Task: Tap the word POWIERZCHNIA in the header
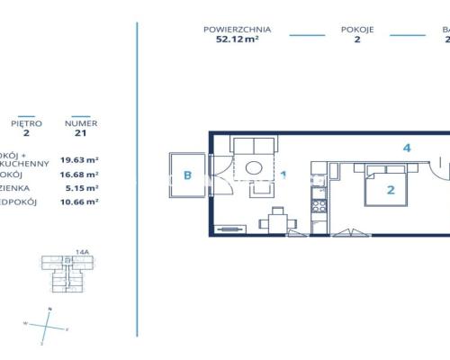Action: click(238, 30)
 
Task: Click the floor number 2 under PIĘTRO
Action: click(26, 132)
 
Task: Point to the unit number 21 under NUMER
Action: click(82, 132)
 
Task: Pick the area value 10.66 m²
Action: click(79, 202)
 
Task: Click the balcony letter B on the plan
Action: click(187, 175)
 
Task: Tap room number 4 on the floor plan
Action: click(407, 148)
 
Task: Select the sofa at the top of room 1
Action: click(255, 147)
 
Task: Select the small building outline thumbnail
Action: click(62, 275)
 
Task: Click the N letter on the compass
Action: click(50, 310)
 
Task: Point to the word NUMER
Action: click(82, 122)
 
